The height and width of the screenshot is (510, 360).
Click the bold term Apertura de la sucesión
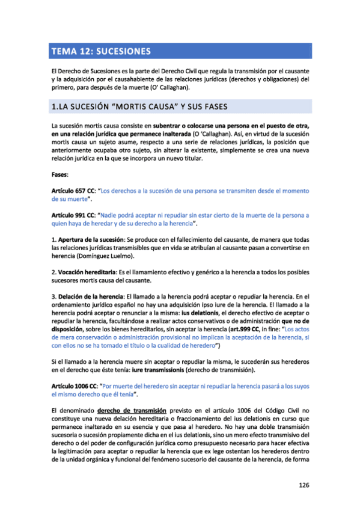88,239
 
